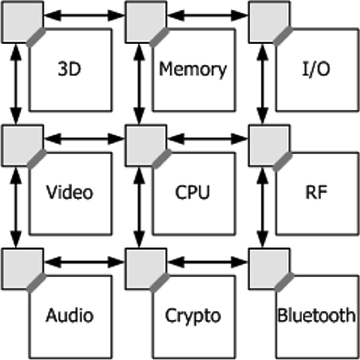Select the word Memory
[x=193, y=69]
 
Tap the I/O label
[x=316, y=69]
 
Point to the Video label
[x=69, y=192]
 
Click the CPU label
[x=192, y=192]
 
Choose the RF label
[x=316, y=192]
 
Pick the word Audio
[x=69, y=316]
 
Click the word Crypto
[x=192, y=316]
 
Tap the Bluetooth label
[x=316, y=316]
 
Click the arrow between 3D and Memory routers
[x=84, y=16]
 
